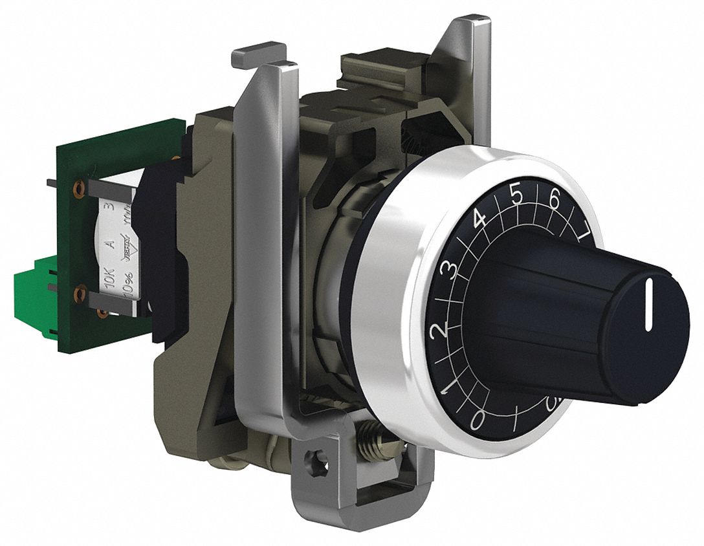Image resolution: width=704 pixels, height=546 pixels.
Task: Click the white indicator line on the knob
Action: pyautogui.click(x=647, y=302)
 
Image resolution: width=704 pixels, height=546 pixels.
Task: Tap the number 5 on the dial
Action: pyautogui.click(x=516, y=195)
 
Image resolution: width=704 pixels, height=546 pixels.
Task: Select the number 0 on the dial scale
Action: pyautogui.click(x=477, y=420)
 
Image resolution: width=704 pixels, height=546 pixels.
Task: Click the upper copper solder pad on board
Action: pyautogui.click(x=80, y=188)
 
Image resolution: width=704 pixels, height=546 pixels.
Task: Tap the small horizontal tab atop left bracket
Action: pyautogui.click(x=258, y=54)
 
